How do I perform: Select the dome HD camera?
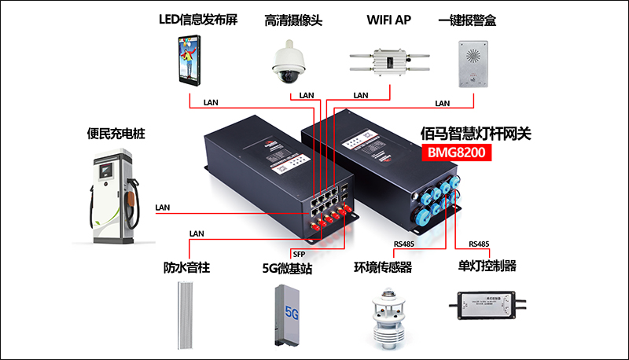(x=289, y=62)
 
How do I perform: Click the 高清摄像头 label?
(x=292, y=20)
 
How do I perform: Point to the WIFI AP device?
(x=388, y=61)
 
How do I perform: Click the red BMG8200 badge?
(x=457, y=154)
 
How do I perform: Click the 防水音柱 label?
(x=186, y=268)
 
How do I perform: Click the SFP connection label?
(x=299, y=254)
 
